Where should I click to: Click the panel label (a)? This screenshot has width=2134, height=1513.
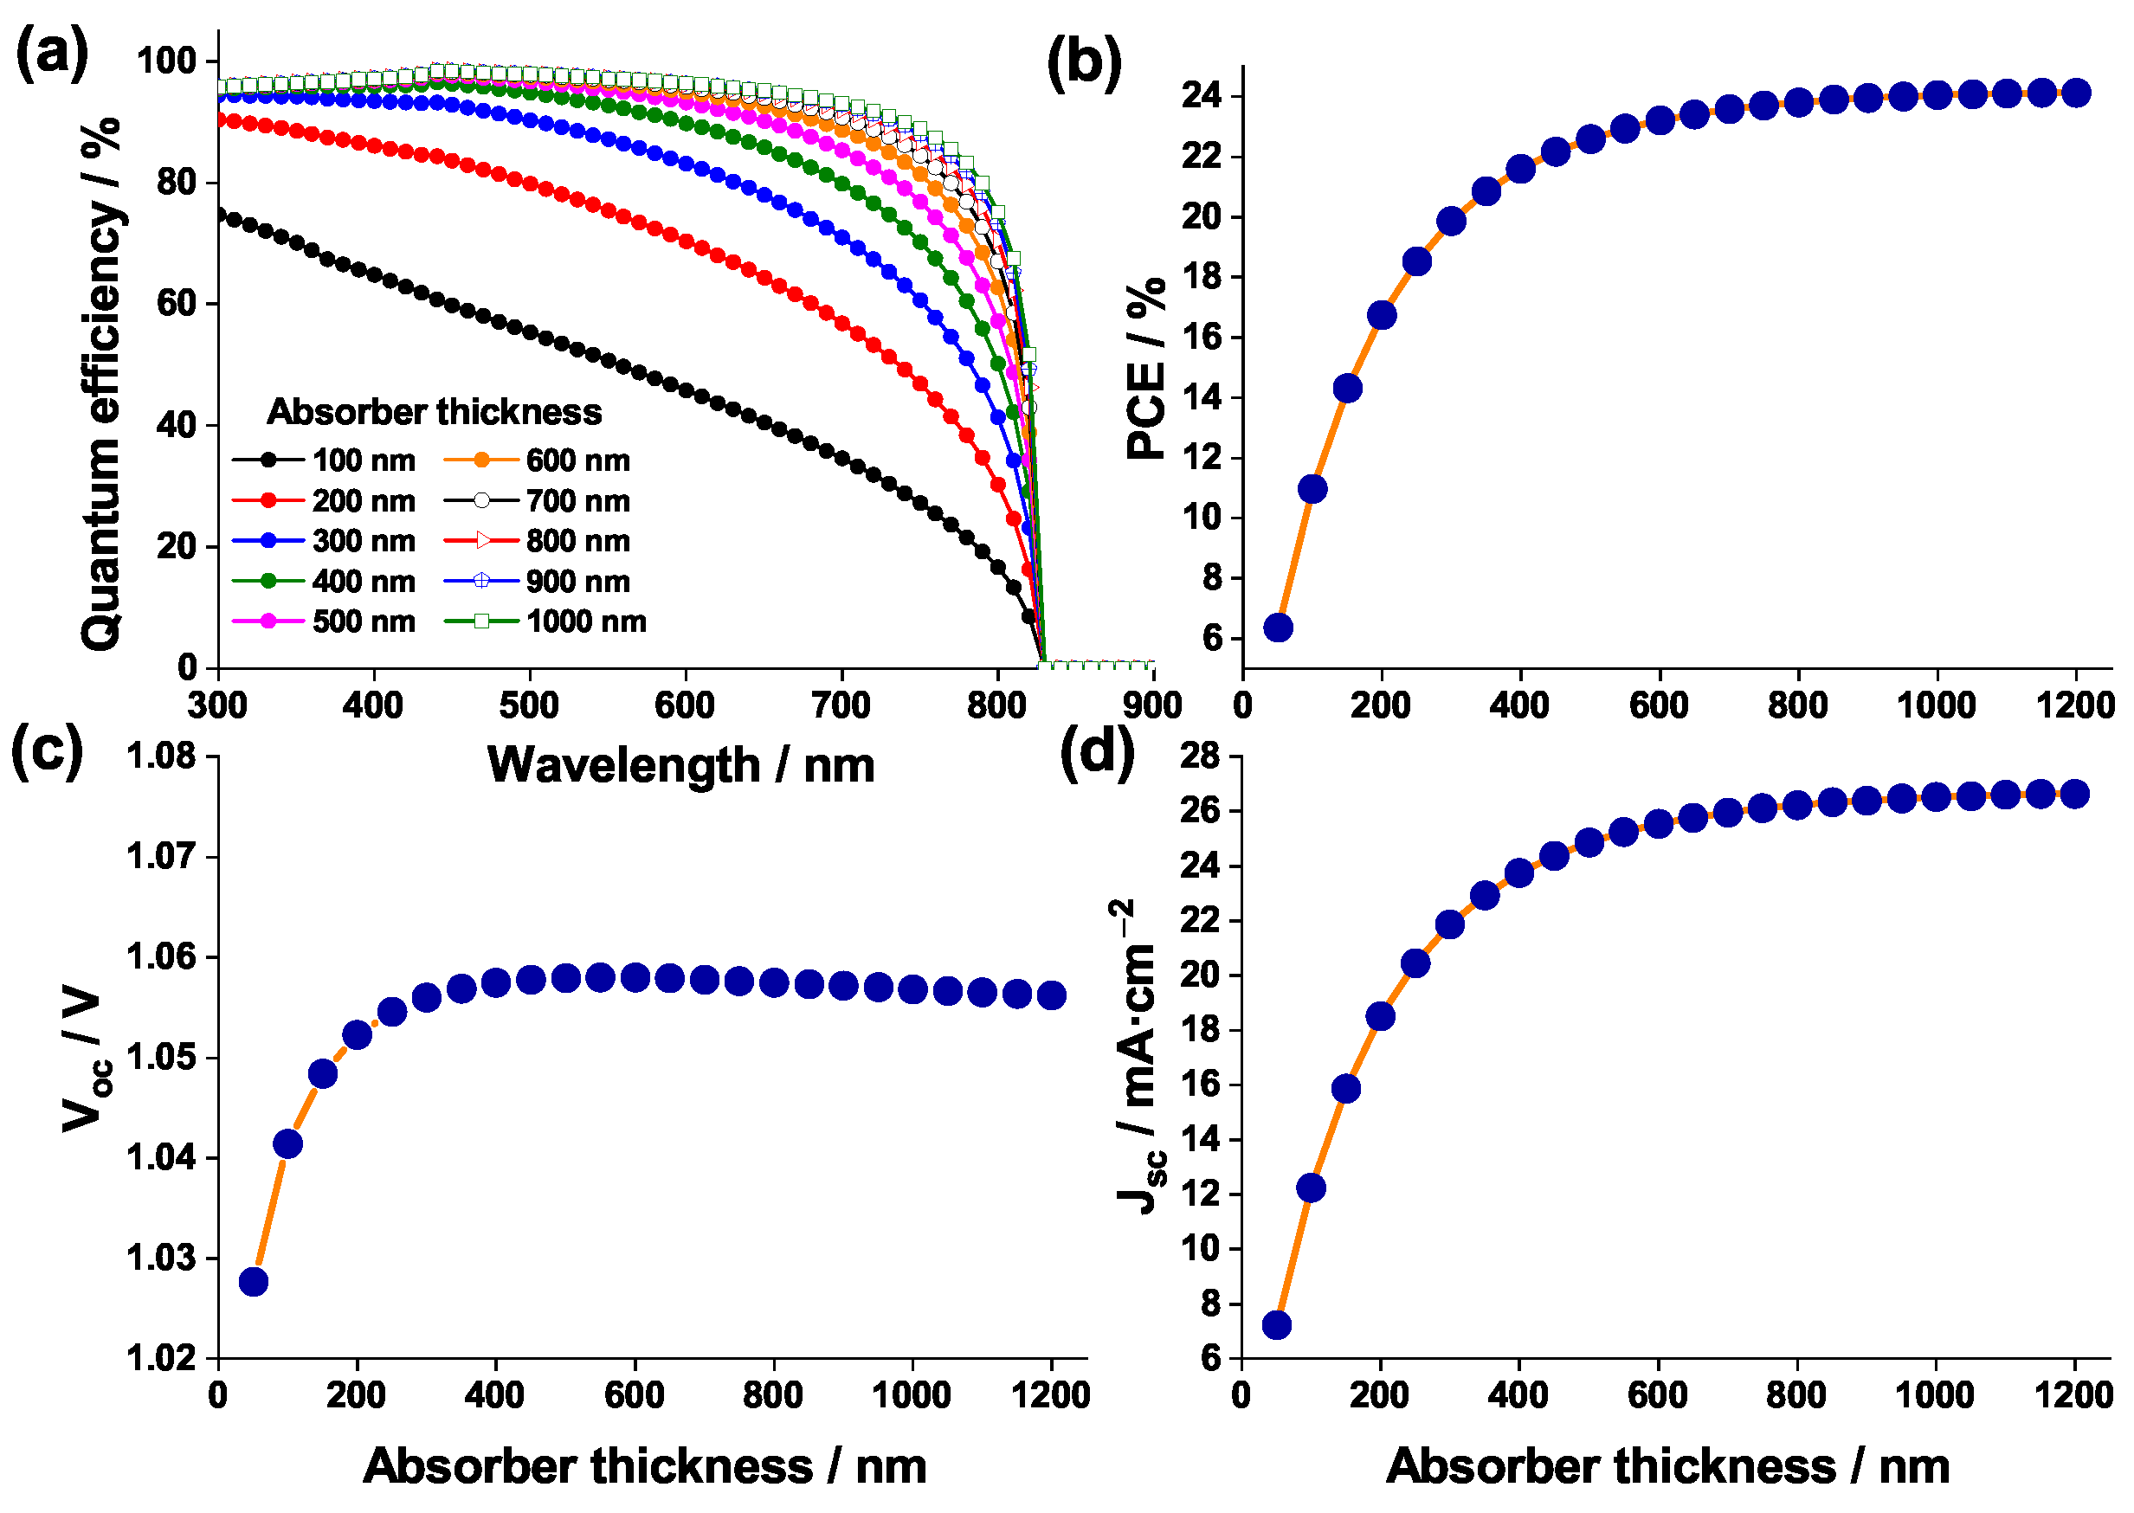[x=52, y=54]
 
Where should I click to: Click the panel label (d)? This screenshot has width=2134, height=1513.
[x=1097, y=751]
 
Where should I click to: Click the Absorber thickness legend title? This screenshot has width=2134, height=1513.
[x=435, y=412]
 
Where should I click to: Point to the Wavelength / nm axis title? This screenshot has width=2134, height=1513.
[x=680, y=766]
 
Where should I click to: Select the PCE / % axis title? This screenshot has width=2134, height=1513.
[x=1146, y=368]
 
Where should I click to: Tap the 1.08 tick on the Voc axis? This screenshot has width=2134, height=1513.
[x=161, y=756]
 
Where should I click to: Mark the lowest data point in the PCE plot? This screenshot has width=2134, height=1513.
[x=1278, y=627]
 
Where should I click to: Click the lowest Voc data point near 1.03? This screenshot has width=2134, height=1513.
[x=254, y=1282]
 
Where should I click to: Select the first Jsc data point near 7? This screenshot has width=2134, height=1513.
[x=1276, y=1325]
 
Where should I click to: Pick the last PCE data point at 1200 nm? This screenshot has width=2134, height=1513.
[x=2076, y=93]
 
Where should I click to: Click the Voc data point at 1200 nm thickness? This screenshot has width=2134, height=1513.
[x=1051, y=995]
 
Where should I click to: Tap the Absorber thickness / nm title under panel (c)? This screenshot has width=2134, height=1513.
[x=645, y=1466]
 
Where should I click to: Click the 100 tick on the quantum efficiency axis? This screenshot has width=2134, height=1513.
[x=167, y=61]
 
